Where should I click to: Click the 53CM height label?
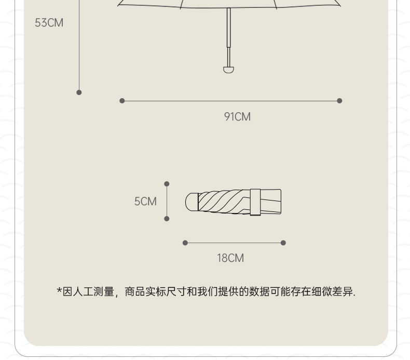[49, 23]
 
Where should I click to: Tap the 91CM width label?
[237, 117]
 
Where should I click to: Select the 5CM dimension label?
[145, 202]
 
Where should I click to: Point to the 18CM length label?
[230, 258]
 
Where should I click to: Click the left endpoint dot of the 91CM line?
[122, 101]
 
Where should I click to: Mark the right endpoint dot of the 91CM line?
[339, 101]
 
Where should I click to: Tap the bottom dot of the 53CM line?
[79, 92]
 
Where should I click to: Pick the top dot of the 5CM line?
[167, 184]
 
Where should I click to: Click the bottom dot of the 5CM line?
[167, 219]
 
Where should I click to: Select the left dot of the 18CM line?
[185, 243]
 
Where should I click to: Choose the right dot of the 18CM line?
[283, 243]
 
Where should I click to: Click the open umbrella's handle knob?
[228, 69]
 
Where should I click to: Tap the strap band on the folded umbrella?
[255, 202]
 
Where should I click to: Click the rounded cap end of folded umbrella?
[191, 202]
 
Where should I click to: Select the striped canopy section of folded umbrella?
[221, 202]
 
